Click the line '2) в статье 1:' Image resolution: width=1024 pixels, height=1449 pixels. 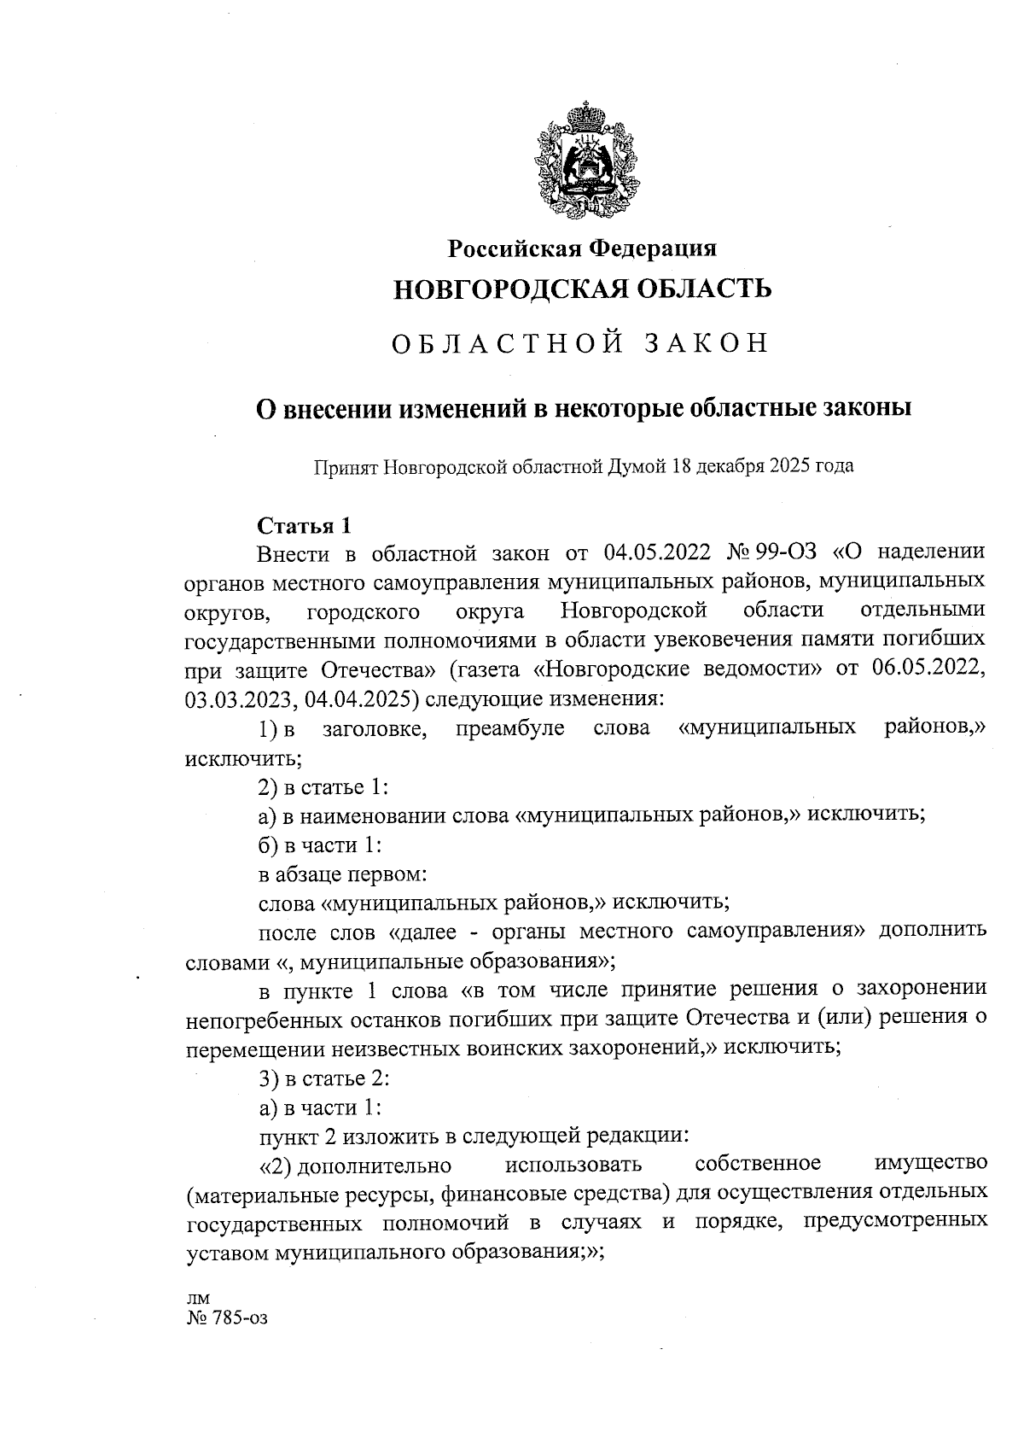point(324,786)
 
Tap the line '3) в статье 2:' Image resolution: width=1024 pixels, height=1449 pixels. point(324,1078)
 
